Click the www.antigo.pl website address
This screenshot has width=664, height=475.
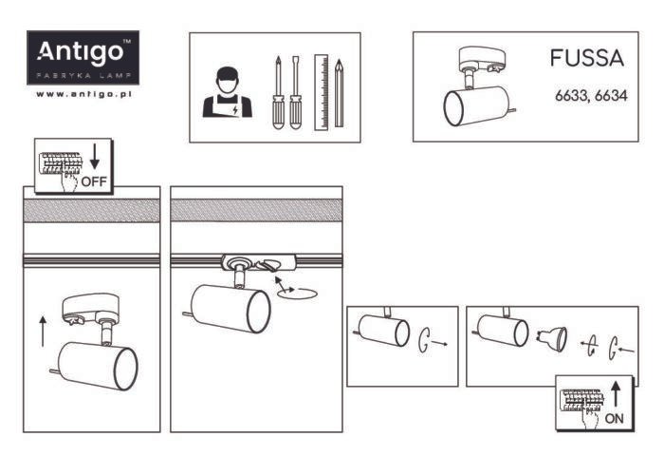point(83,94)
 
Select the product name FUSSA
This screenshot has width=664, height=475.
point(587,58)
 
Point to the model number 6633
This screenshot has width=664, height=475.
point(570,96)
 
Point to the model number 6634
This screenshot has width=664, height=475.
point(611,96)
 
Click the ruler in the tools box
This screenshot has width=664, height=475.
point(322,92)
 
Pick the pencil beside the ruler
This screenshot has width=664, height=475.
point(339,93)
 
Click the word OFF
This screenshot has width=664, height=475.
point(94,181)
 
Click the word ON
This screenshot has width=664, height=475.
point(615,419)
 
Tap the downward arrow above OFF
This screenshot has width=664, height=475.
point(95,157)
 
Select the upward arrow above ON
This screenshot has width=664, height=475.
point(616,394)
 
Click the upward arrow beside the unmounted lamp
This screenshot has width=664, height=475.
point(43,331)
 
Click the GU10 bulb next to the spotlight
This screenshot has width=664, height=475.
point(553,338)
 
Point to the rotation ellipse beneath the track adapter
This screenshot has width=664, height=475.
point(296,294)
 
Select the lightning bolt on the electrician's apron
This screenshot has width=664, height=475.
point(235,111)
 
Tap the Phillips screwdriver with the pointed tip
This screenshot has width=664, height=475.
point(278,92)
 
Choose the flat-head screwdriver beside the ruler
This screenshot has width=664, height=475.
point(296,92)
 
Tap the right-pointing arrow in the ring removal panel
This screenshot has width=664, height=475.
point(440,343)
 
